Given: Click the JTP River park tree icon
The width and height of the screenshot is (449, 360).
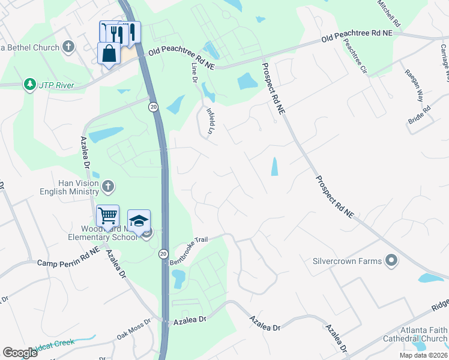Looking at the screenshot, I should pyautogui.click(x=29, y=85).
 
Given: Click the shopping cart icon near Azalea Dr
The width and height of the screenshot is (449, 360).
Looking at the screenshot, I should pyautogui.click(x=107, y=215).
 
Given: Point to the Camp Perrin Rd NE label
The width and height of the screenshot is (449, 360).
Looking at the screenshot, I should pyautogui.click(x=67, y=260).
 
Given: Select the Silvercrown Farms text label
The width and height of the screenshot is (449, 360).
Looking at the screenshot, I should pyautogui.click(x=347, y=261).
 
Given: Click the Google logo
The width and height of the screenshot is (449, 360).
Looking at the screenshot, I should pyautogui.click(x=20, y=353).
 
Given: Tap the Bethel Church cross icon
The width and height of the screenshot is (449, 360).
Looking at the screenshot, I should pyautogui.click(x=68, y=46).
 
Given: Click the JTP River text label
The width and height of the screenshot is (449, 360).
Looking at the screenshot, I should pyautogui.click(x=56, y=85).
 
